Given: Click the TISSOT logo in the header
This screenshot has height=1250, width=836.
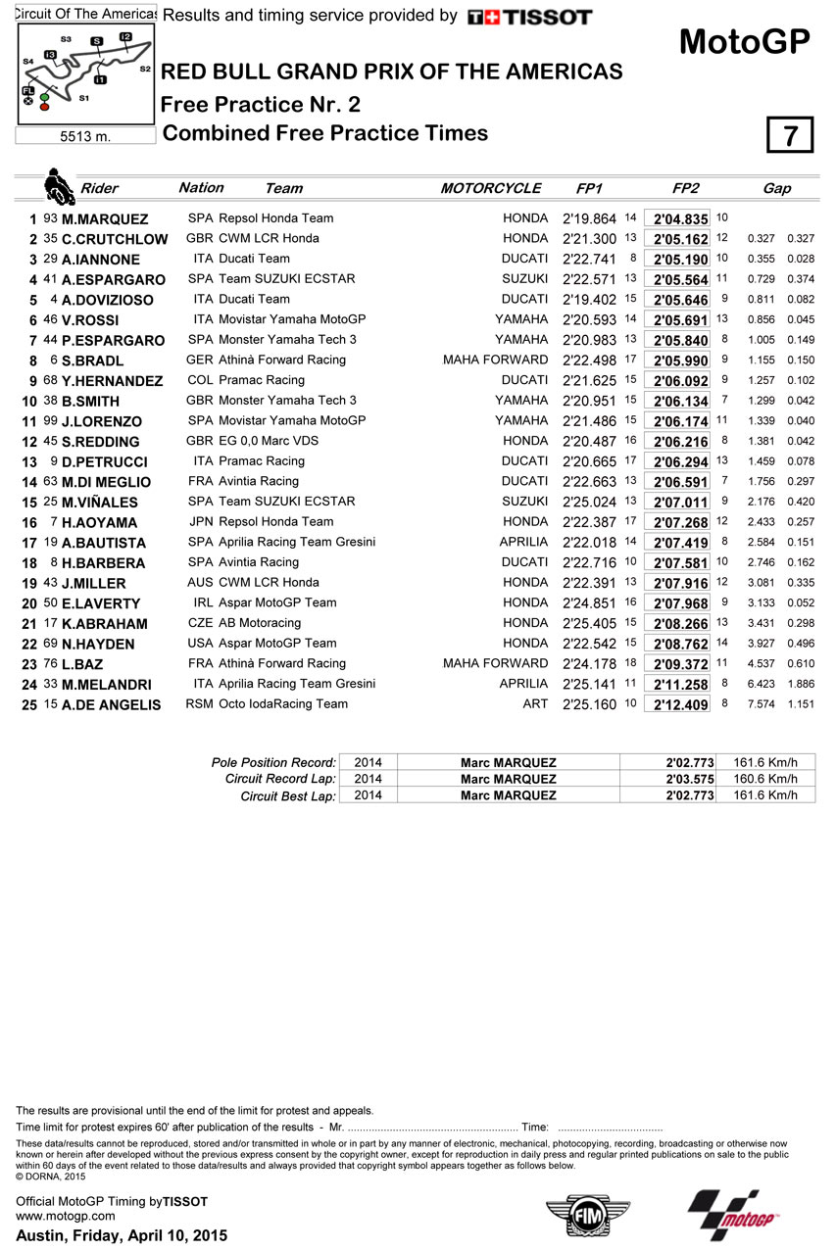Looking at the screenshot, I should tap(529, 17).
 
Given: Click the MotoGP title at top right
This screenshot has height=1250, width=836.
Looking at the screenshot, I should tap(745, 42).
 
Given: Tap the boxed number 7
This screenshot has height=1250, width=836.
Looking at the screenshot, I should tap(789, 135).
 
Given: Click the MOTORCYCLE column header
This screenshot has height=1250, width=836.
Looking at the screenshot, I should tap(490, 188).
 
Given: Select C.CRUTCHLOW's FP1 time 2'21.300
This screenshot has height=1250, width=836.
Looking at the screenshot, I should tap(589, 239).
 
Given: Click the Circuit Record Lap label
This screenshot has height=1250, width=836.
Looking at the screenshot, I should tap(281, 780).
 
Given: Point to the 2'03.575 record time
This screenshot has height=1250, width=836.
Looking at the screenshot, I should tap(685, 780).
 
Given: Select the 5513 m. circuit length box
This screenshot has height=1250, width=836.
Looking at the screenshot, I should tap(86, 137).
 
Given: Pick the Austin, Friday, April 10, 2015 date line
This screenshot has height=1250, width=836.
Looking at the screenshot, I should tap(122, 1235).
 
